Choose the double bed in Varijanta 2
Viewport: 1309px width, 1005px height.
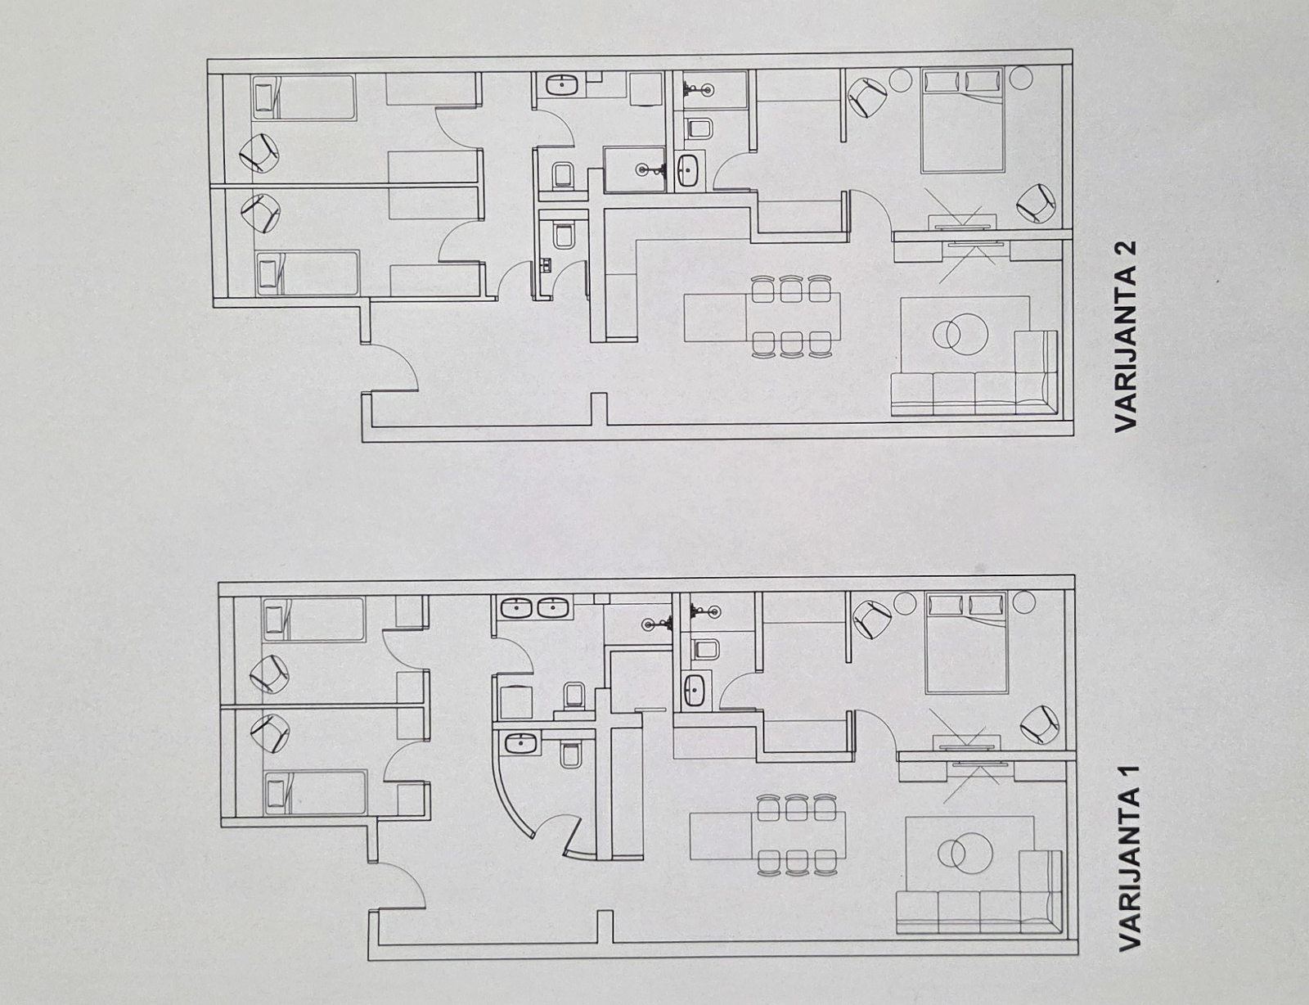coord(963,119)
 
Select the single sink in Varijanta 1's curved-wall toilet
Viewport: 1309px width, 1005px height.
coord(520,743)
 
